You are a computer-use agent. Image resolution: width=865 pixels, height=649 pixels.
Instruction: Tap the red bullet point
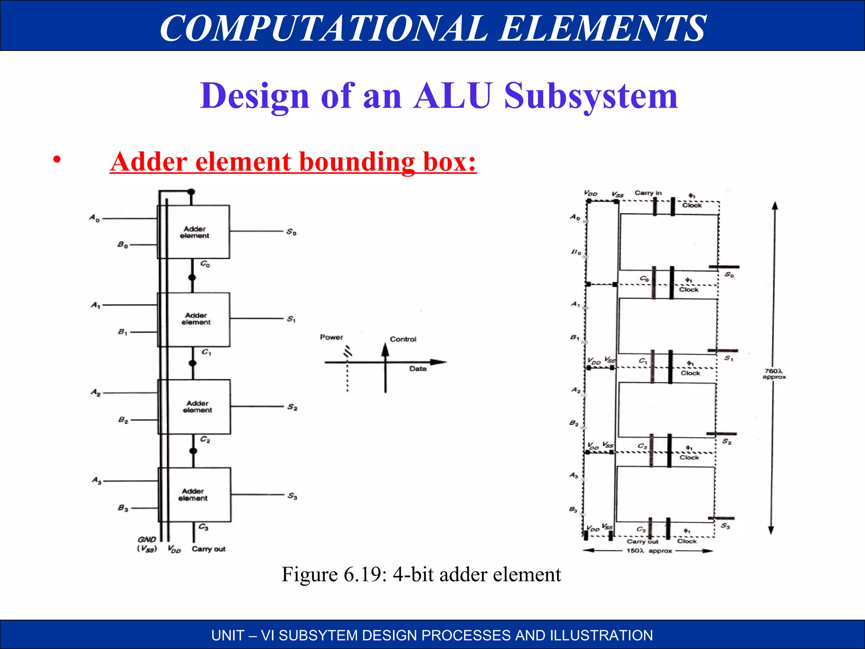[57, 160]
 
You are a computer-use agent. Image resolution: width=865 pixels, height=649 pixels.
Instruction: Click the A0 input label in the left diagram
[95, 218]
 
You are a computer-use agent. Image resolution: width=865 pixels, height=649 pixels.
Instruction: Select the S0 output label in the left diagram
[291, 232]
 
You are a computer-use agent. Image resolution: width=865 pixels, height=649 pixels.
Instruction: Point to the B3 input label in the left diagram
[123, 508]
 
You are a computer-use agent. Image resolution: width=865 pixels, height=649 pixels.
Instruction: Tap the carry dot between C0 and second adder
[192, 278]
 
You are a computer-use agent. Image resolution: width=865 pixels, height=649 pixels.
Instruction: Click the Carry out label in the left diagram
[209, 549]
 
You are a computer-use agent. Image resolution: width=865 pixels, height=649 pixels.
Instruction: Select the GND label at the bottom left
[147, 540]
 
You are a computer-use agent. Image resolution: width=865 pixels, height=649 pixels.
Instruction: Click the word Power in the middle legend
[332, 337]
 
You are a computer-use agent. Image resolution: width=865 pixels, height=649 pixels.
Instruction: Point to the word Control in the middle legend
[403, 339]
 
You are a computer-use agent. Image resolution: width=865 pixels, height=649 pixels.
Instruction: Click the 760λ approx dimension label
[774, 374]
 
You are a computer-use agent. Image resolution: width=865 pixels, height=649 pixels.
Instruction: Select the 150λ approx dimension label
[649, 551]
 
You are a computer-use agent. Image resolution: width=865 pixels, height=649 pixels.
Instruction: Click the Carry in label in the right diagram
[648, 193]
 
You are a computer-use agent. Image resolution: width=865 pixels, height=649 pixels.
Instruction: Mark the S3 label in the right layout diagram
[725, 526]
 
